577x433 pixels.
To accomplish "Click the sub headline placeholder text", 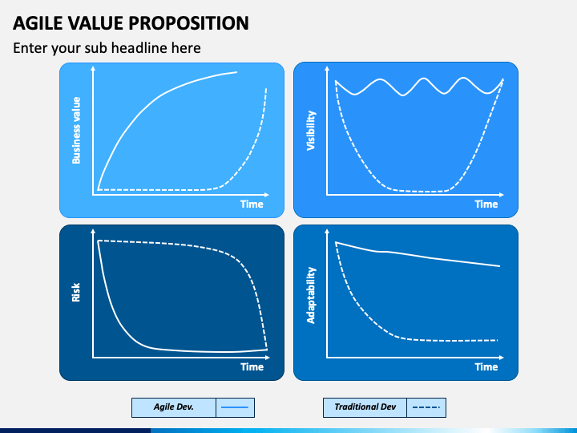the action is [107, 48].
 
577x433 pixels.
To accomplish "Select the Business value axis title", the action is [76, 131].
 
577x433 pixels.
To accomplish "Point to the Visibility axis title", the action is [311, 131].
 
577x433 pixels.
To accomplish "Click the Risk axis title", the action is [76, 293].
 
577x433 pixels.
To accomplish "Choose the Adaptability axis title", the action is [311, 295].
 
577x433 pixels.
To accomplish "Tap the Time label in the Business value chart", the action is [252, 204].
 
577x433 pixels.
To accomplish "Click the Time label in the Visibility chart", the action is [486, 204].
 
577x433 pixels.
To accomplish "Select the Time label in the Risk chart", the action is [252, 366].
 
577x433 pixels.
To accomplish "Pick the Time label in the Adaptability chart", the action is [486, 366].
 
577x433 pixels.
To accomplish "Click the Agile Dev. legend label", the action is [174, 407].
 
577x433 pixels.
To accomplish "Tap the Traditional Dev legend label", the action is [365, 407].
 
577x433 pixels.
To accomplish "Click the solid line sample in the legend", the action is [235, 407].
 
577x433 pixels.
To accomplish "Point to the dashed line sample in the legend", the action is [426, 407].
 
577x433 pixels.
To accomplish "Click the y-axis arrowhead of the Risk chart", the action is [93, 231].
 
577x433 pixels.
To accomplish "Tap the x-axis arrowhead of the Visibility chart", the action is [501, 194].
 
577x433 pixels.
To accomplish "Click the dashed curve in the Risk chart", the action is [229, 253].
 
